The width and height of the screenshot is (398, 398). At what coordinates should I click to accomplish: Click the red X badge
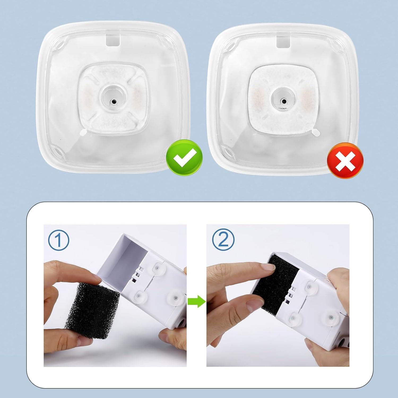[345, 163]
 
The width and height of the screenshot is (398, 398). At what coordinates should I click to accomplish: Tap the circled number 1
[59, 240]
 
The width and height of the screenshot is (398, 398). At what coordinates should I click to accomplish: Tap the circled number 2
[224, 240]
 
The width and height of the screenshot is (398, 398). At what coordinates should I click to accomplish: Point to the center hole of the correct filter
[114, 101]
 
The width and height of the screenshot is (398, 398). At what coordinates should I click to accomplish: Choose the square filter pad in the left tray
[113, 102]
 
